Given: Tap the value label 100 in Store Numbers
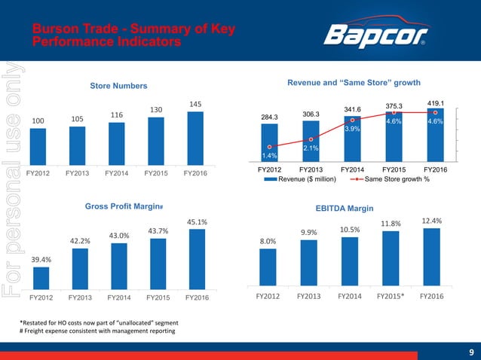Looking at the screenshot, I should [38, 121].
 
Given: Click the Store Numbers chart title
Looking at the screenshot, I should [118, 87].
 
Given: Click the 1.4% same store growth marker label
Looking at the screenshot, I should [269, 156].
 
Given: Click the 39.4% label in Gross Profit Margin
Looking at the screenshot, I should [41, 259].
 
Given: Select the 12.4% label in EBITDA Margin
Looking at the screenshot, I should [430, 221].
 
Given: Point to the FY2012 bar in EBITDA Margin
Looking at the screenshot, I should [268, 267].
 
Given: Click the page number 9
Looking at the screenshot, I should [470, 351].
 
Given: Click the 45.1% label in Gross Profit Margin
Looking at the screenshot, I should [196, 221].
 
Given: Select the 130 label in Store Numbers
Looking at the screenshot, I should [156, 110].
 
